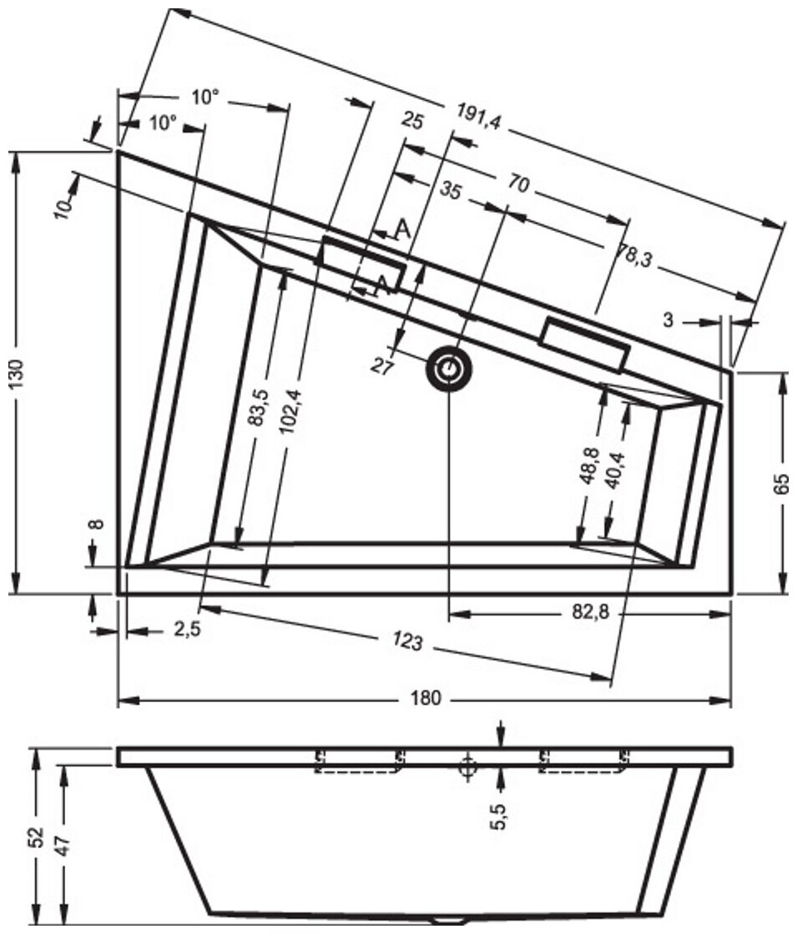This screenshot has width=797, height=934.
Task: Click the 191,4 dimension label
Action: (x=479, y=121)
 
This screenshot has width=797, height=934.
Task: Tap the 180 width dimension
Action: (x=425, y=698)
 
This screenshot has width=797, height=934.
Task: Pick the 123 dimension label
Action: (x=410, y=643)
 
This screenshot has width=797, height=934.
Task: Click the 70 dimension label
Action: (x=518, y=186)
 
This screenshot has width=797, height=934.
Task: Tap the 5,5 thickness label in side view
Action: (x=499, y=813)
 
